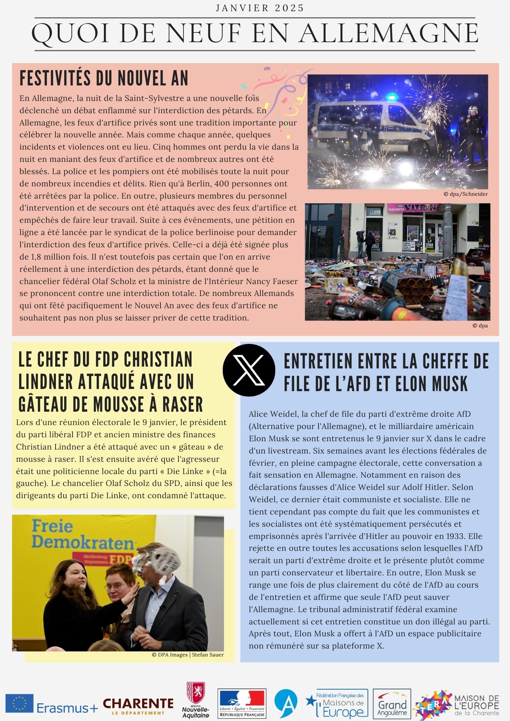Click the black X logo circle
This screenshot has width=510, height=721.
(x=249, y=370)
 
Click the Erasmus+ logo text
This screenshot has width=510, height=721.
(x=67, y=708)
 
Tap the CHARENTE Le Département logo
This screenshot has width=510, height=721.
(x=138, y=706)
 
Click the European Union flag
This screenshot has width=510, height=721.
(x=19, y=703)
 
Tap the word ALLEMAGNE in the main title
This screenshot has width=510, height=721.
(x=389, y=34)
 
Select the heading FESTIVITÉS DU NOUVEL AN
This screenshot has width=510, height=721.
(x=104, y=78)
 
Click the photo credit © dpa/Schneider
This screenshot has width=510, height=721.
(x=466, y=194)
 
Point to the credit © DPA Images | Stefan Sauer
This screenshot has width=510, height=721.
(x=188, y=655)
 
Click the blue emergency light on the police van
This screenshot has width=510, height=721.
(x=392, y=97)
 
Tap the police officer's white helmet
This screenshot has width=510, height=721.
(x=473, y=110)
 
